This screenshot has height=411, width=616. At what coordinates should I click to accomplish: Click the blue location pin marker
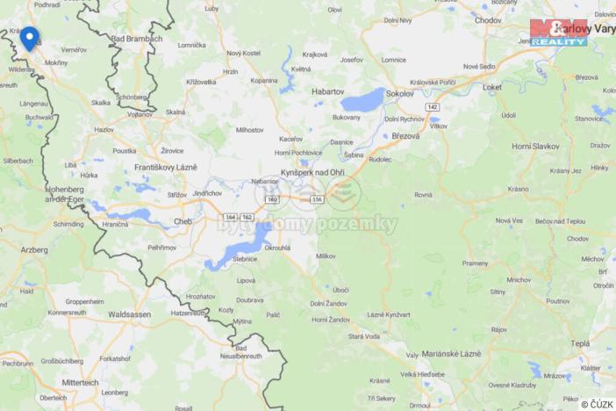click(x=30, y=39)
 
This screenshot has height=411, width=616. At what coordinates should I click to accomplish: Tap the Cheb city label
click(x=183, y=221)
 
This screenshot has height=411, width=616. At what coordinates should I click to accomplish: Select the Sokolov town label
click(x=400, y=90)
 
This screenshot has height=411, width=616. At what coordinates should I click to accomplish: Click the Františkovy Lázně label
click(x=166, y=167)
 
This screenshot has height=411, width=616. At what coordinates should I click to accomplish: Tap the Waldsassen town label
click(x=129, y=314)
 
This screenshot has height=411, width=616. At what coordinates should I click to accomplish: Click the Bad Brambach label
click(x=137, y=39)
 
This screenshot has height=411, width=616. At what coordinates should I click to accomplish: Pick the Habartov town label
click(x=328, y=90)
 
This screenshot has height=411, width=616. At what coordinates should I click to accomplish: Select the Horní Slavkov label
click(x=534, y=146)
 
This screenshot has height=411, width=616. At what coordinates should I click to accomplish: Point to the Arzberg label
click(x=34, y=250)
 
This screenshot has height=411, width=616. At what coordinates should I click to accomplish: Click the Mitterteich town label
click(x=81, y=383)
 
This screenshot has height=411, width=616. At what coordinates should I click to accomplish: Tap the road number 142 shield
click(x=432, y=106)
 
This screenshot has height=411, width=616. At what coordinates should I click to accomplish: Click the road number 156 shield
click(x=316, y=199)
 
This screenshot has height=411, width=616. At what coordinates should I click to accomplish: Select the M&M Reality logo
click(x=559, y=32)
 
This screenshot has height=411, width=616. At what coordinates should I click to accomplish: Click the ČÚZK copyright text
click(x=597, y=404)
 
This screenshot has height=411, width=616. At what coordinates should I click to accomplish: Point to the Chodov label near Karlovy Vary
click(x=488, y=19)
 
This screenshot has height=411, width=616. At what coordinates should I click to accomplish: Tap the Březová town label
click(x=406, y=136)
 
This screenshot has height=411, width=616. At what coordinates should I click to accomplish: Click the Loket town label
click(x=492, y=87)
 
